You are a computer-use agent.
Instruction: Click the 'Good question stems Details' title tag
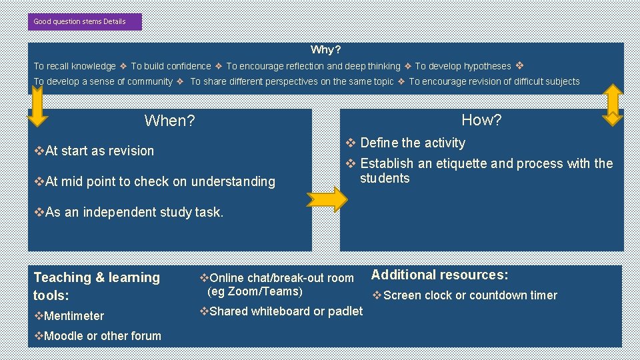[80, 21]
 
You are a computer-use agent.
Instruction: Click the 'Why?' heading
[325, 50]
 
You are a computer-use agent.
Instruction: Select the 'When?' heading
[169, 121]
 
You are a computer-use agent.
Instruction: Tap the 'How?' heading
[481, 120]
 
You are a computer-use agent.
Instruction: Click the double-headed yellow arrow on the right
[612, 104]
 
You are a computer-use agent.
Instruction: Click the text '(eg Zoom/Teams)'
[255, 291]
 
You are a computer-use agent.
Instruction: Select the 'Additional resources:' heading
[439, 275]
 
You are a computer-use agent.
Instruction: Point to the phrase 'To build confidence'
[171, 66]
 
